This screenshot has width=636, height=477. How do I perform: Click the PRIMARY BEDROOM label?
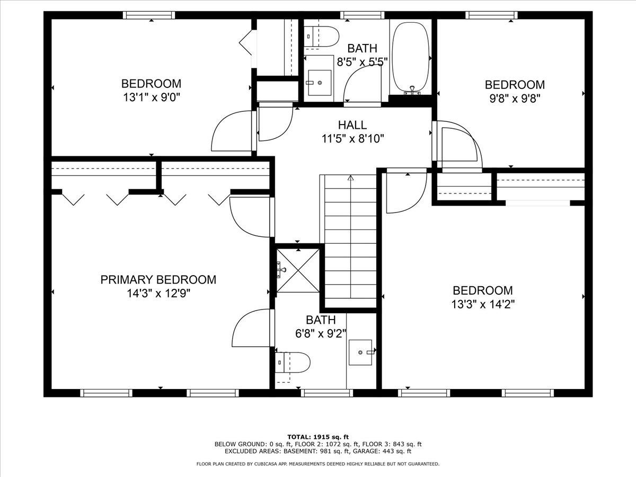[x=158, y=279]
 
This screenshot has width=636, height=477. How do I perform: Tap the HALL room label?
[x=352, y=125]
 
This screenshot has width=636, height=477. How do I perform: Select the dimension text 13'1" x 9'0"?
[x=151, y=98]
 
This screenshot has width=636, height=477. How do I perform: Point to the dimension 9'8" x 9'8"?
[x=515, y=99]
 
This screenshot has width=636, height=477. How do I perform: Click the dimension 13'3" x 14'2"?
[x=482, y=304]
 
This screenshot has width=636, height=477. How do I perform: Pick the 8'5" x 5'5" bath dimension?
[x=363, y=61]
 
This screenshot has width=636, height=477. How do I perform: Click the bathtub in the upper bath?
[x=411, y=57]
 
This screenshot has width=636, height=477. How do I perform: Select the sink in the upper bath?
[x=320, y=83]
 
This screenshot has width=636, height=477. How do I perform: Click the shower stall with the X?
[x=298, y=270]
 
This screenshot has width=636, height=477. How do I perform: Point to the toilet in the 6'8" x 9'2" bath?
[x=292, y=363]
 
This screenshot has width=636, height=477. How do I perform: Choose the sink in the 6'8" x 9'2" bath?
[x=360, y=351]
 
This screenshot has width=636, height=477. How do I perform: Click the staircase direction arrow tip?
[x=350, y=178]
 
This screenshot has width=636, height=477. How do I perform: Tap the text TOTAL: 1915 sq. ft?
[x=318, y=436]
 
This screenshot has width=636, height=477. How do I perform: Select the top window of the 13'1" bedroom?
[x=149, y=15]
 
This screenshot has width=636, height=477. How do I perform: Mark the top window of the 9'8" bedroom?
[x=491, y=15]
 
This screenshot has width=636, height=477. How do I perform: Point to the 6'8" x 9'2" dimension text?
[x=321, y=333]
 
